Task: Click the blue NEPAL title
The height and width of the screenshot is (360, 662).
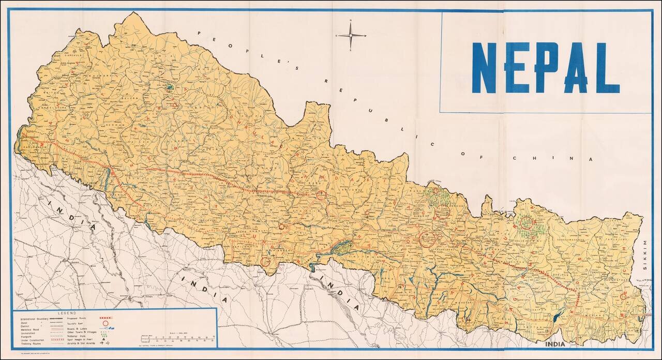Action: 546,67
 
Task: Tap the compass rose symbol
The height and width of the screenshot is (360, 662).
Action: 351,35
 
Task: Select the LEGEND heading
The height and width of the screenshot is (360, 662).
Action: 67,313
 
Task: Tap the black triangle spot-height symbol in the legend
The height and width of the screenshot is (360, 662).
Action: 106,339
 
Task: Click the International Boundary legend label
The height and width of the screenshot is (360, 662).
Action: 33,318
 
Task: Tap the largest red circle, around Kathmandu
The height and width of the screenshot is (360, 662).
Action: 427,238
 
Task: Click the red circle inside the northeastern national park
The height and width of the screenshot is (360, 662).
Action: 526,223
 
